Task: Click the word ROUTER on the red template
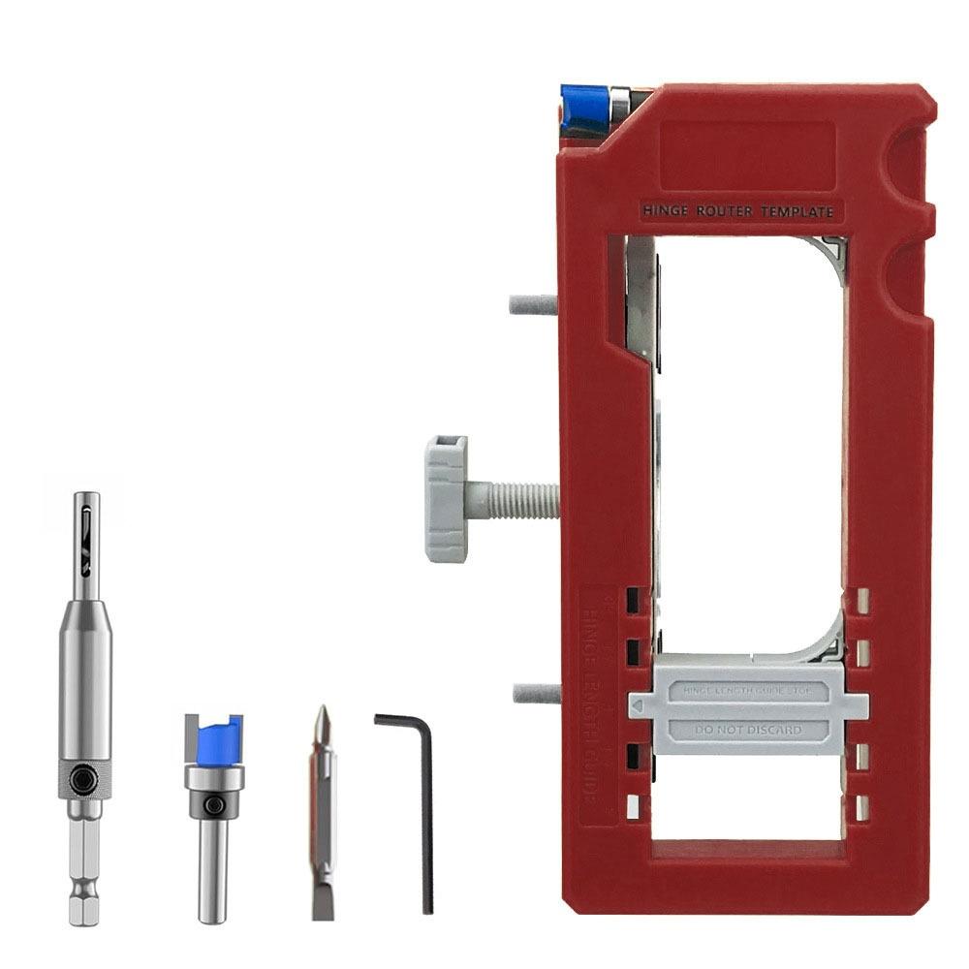tap(725, 211)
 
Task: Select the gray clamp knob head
tap(446, 498)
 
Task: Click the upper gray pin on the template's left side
tap(533, 304)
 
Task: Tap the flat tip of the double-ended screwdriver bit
tap(322, 901)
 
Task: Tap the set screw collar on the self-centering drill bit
tap(85, 779)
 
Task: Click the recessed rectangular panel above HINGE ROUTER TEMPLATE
tap(746, 155)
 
